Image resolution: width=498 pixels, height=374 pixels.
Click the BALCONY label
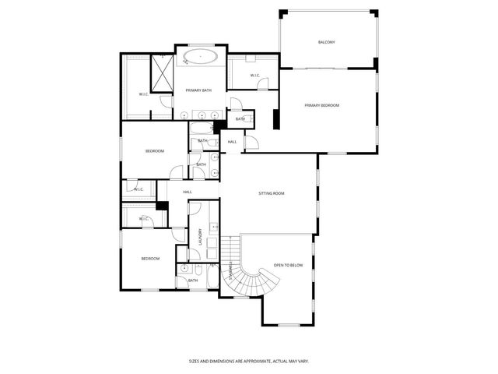point(326,42)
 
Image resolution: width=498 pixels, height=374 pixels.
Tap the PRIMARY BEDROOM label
point(321,105)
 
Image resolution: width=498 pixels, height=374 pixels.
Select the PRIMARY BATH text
point(198,90)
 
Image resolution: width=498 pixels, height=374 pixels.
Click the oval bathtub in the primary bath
point(200,56)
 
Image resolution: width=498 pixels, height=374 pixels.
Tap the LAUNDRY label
point(201,236)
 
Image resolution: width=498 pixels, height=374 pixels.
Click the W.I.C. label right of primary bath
point(255,75)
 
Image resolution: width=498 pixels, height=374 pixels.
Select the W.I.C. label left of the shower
point(144,94)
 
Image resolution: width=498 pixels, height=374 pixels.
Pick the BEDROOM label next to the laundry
point(150,259)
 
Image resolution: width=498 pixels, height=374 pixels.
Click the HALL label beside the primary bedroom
point(233,142)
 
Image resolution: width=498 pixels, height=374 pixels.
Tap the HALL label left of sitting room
point(188,192)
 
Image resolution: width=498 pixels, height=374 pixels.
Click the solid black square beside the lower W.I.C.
point(162,206)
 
